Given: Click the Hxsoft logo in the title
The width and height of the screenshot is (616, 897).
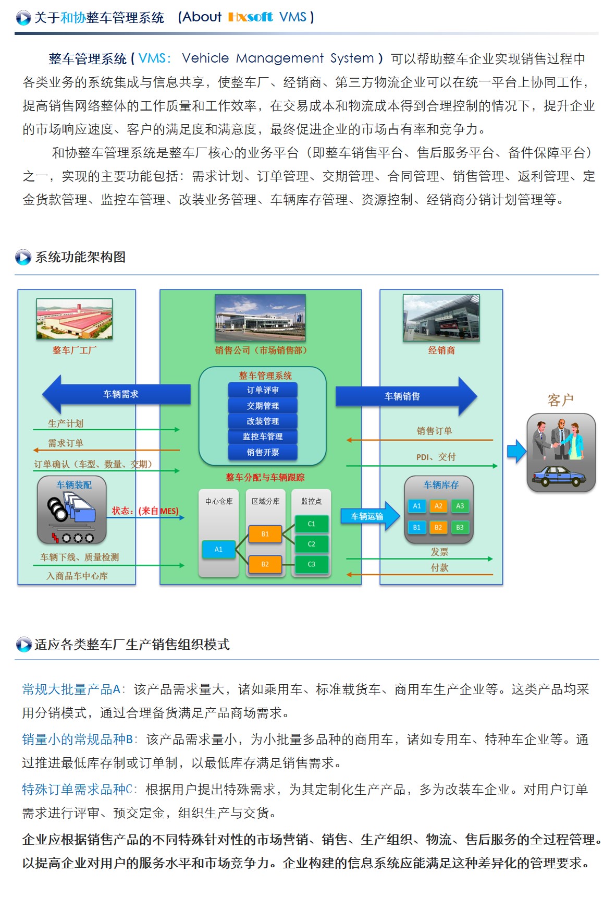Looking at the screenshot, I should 250,17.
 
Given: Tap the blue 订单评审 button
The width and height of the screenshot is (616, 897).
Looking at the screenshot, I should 263,390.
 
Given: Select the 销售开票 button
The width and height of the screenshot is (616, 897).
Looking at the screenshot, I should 263,452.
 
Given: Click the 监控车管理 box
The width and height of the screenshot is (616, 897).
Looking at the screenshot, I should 263,437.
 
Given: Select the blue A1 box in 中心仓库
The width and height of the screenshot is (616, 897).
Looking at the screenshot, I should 218,549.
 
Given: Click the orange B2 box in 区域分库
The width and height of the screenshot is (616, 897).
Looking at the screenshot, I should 265,564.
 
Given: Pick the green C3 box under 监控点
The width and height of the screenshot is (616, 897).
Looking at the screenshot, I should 311,564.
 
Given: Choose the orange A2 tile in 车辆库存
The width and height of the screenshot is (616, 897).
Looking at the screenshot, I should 438,506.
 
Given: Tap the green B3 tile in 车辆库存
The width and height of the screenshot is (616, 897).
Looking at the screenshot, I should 460,527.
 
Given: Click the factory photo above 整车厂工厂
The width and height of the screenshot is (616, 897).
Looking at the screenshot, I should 74,319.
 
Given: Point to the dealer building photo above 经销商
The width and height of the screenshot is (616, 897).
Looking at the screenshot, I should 441,318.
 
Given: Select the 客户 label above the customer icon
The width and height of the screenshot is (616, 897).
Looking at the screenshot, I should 560,400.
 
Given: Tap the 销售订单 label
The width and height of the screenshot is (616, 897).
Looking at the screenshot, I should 434,431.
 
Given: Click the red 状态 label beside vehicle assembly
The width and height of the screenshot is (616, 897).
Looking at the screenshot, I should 122,511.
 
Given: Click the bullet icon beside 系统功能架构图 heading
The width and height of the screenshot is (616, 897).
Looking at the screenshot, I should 23,257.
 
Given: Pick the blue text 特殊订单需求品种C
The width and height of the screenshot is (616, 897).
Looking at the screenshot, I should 77,790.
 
